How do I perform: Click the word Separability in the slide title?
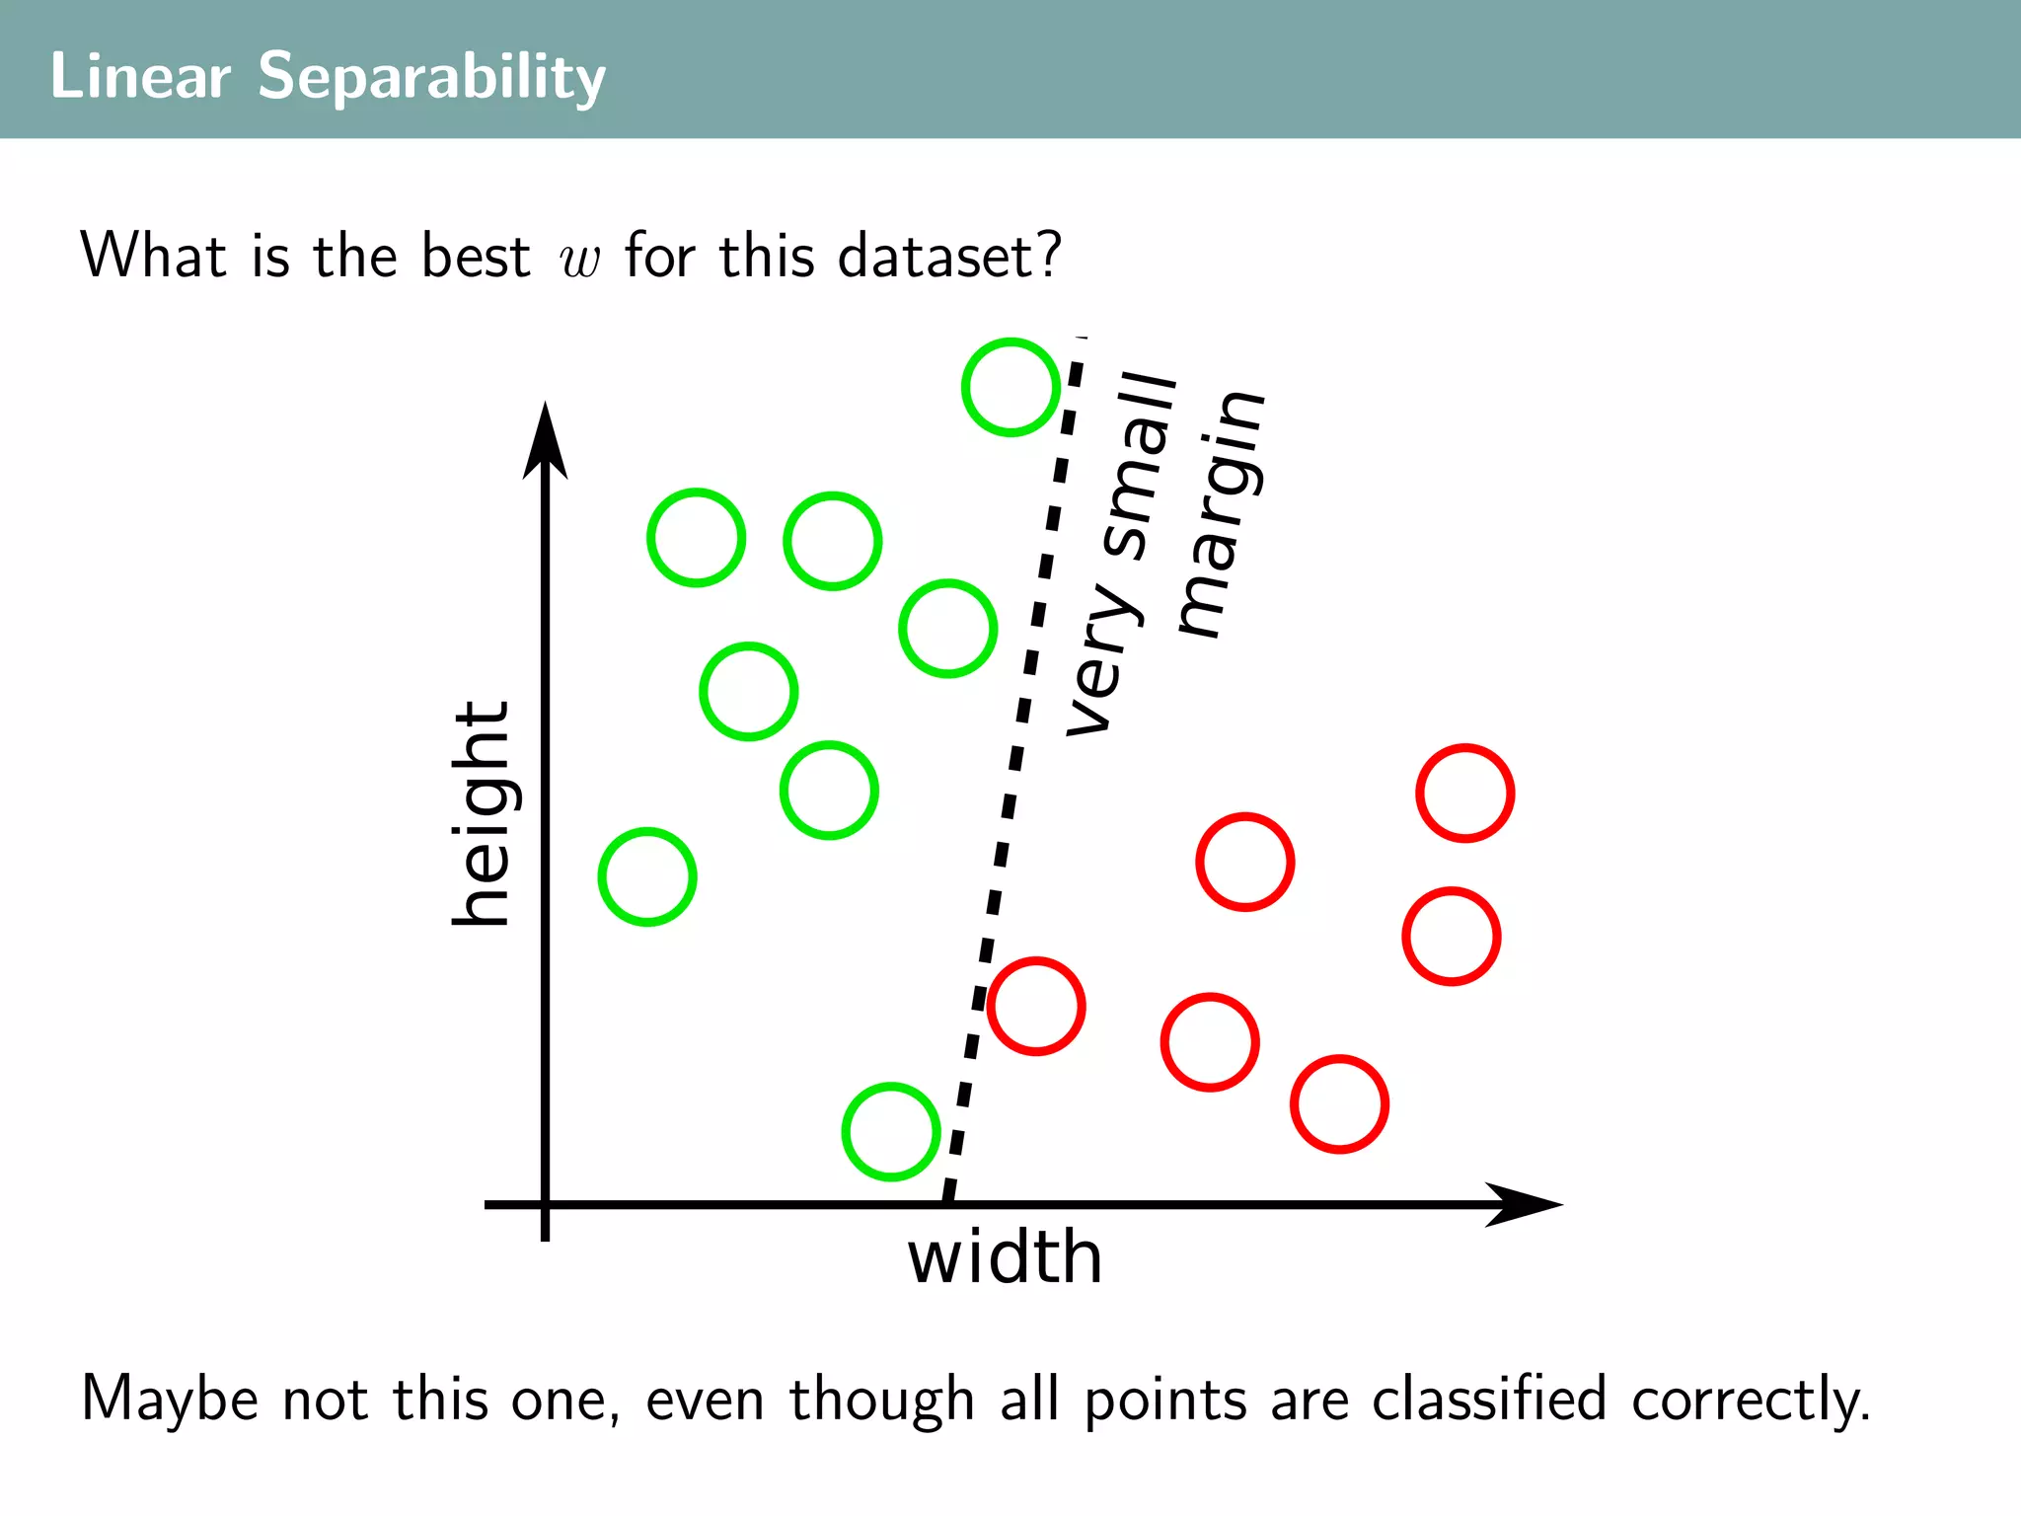tap(431, 77)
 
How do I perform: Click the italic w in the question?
tap(579, 259)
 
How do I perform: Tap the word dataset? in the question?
tap(948, 257)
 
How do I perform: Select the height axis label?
tap(482, 813)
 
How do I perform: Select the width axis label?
tap(1005, 1257)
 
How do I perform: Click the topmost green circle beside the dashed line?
tap(1010, 387)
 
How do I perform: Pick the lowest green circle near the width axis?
tap(890, 1131)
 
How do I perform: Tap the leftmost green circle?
tap(647, 876)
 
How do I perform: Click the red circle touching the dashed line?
tap(1036, 1006)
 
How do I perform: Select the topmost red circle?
tap(1464, 793)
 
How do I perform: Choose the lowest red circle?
tap(1339, 1103)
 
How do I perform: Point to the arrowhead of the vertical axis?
tap(545, 439)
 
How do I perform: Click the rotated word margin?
tap(1222, 513)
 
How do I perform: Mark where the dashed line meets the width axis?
tap(946, 1202)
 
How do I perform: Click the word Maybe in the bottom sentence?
tap(169, 1400)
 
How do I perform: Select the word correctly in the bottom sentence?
tap(1750, 1400)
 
